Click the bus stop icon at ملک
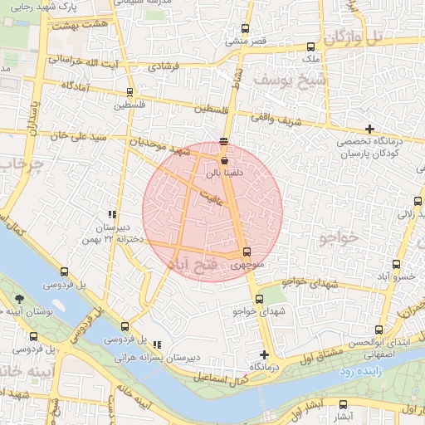311,46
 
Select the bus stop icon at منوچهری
246,252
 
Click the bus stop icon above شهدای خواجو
259,299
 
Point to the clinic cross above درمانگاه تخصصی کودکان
369,129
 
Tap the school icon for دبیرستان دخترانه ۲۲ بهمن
112,214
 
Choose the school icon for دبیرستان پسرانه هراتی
158,344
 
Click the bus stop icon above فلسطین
129,93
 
